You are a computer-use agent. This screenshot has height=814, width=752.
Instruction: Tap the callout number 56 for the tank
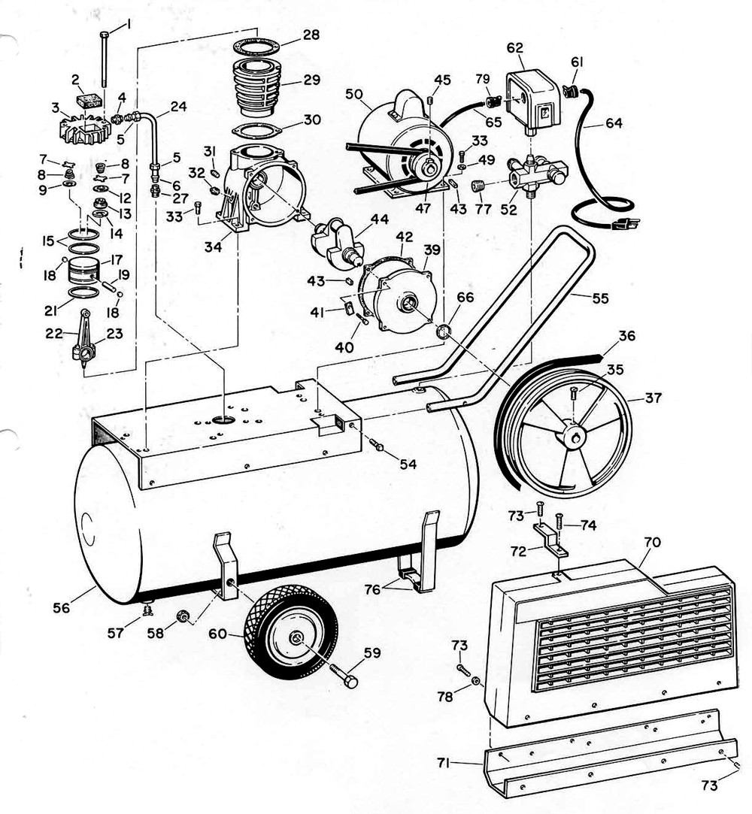(x=62, y=607)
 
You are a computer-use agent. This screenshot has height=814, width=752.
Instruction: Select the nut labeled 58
(x=180, y=618)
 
